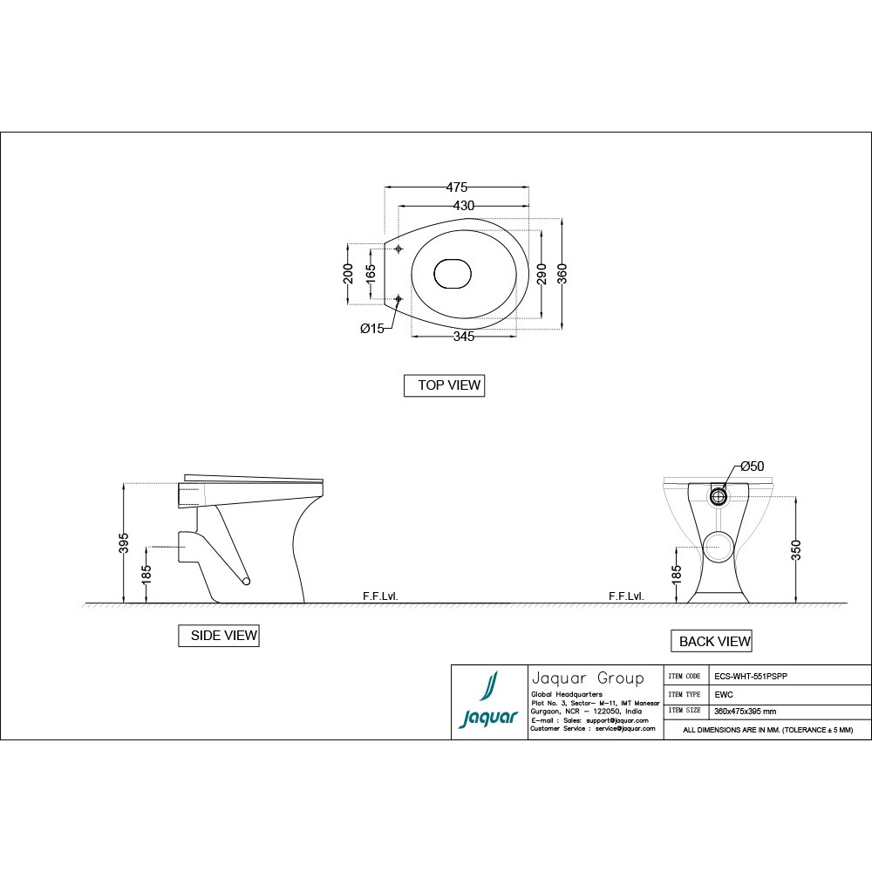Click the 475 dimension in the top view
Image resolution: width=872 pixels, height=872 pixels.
pyautogui.click(x=457, y=187)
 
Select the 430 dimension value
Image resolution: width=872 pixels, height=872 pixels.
pyautogui.click(x=463, y=206)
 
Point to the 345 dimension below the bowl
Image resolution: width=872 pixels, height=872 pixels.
pyautogui.click(x=464, y=337)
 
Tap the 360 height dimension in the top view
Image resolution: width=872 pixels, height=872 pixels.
pyautogui.click(x=562, y=274)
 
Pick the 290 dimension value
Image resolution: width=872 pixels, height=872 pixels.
pyautogui.click(x=542, y=274)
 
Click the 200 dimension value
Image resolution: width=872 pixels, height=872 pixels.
pyautogui.click(x=348, y=274)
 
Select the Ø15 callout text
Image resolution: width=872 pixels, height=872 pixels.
pyautogui.click(x=372, y=329)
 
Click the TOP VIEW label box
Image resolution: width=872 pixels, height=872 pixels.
pyautogui.click(x=444, y=385)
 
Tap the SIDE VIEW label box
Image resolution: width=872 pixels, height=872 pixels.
pyautogui.click(x=218, y=636)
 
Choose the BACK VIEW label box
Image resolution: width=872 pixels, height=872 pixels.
pyautogui.click(x=711, y=642)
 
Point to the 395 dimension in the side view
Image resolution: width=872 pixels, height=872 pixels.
pyautogui.click(x=124, y=542)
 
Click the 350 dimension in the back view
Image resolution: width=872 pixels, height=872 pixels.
pyautogui.click(x=796, y=549)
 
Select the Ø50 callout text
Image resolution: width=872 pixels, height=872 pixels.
pyautogui.click(x=752, y=467)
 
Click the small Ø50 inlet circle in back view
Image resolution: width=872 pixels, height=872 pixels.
pyautogui.click(x=719, y=496)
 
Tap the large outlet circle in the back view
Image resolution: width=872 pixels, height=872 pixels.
pyautogui.click(x=720, y=546)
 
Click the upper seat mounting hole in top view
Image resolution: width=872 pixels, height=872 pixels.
pyautogui.click(x=399, y=249)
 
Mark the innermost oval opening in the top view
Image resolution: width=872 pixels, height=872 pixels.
pyautogui.click(x=453, y=274)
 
